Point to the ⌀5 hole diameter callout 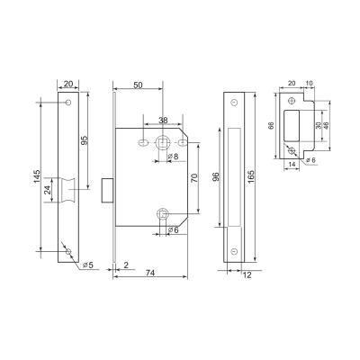[88, 266]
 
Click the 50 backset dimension [138, 85]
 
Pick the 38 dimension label [162, 120]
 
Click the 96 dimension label [216, 178]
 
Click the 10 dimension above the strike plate [310, 83]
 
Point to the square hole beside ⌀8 [163, 142]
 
